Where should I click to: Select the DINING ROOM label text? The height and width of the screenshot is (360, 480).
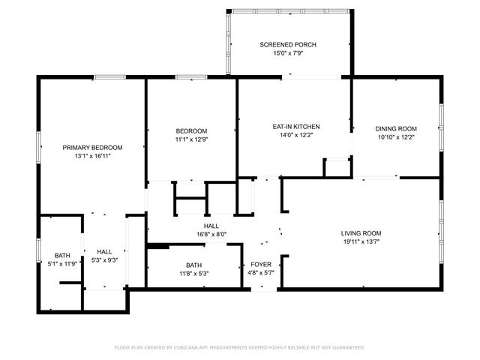click(x=396, y=129)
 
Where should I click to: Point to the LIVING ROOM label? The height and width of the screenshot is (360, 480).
click(x=361, y=233)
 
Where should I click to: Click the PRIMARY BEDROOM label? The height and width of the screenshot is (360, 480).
click(x=92, y=148)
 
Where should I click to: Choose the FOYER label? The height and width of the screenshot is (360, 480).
click(x=261, y=265)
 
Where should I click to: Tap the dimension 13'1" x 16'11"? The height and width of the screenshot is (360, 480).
click(x=92, y=156)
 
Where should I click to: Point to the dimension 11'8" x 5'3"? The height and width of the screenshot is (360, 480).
click(x=194, y=274)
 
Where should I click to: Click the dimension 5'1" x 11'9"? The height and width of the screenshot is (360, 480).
click(x=62, y=263)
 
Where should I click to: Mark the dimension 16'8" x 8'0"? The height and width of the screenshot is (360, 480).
click(x=211, y=235)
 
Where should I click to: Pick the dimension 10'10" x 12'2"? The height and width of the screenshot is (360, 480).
click(x=396, y=138)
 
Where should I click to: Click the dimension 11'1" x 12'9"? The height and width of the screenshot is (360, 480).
click(x=192, y=139)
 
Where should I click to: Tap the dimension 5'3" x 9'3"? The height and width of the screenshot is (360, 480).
click(x=104, y=260)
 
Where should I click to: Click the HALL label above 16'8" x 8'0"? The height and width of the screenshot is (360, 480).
click(x=211, y=226)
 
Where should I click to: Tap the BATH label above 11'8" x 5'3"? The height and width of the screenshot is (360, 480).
click(x=194, y=265)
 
